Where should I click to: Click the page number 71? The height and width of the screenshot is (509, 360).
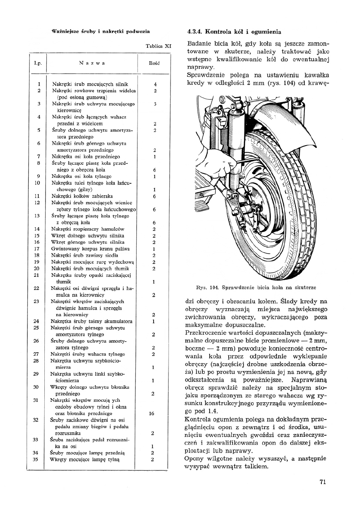pos(322,482)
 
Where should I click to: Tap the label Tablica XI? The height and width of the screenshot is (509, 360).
pos(158,46)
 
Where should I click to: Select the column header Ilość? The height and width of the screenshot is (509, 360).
pos(154,64)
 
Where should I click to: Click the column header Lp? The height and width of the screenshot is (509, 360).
pos(39,64)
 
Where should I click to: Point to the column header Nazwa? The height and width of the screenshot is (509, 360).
pos(92,64)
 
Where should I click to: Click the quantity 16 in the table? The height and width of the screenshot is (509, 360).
pos(152,413)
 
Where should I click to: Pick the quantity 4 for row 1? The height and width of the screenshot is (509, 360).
pos(155,84)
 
